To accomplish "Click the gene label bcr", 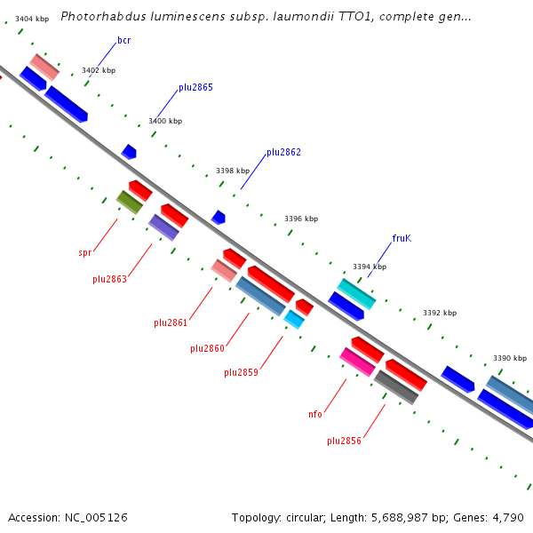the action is click(124, 41).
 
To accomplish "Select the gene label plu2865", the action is click(195, 87).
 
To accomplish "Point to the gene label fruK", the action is click(402, 238).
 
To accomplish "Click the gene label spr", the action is click(85, 252).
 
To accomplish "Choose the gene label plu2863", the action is click(109, 279).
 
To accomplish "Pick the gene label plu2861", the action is click(171, 322).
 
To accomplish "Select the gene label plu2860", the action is click(207, 348).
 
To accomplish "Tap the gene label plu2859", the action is click(241, 372).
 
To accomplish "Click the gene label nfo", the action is click(315, 414).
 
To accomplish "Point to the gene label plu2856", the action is click(344, 441).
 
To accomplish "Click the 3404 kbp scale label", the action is click(32, 19).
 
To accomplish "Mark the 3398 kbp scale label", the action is click(233, 171).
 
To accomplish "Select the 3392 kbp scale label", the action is click(440, 313).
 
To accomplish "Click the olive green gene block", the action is click(130, 203).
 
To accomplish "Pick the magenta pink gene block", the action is click(357, 362).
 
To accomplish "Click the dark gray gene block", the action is click(396, 387).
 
